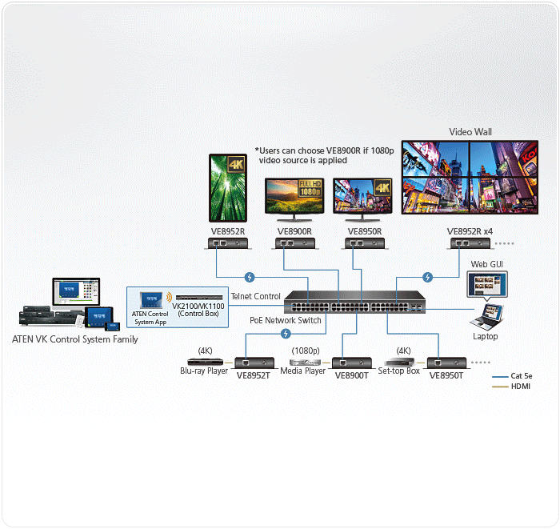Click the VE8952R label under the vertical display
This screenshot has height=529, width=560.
click(x=227, y=232)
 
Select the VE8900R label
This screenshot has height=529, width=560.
click(x=294, y=232)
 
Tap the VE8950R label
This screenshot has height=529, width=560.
click(x=365, y=232)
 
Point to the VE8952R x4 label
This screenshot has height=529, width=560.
click(x=471, y=232)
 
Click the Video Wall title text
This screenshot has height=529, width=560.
click(x=470, y=132)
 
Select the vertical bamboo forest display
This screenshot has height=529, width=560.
click(x=228, y=188)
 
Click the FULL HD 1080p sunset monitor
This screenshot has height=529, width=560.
click(x=295, y=200)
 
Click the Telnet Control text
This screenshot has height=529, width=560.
click(x=255, y=297)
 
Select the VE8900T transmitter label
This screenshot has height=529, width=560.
click(x=352, y=375)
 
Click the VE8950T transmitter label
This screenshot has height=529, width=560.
click(x=446, y=375)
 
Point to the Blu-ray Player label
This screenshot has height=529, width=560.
click(x=203, y=371)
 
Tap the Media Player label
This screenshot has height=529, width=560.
click(x=302, y=371)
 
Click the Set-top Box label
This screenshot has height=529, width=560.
click(x=399, y=371)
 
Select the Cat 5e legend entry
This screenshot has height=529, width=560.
click(x=520, y=376)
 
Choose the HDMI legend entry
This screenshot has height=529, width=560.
click(x=520, y=387)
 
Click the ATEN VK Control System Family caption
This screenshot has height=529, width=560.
click(x=74, y=339)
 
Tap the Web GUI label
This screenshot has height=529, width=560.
click(x=486, y=264)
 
